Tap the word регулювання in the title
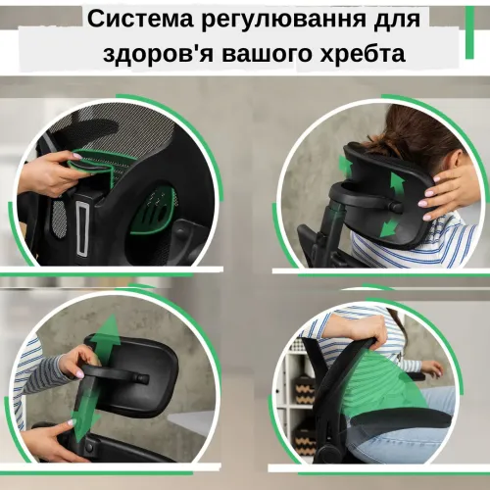[263, 21]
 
